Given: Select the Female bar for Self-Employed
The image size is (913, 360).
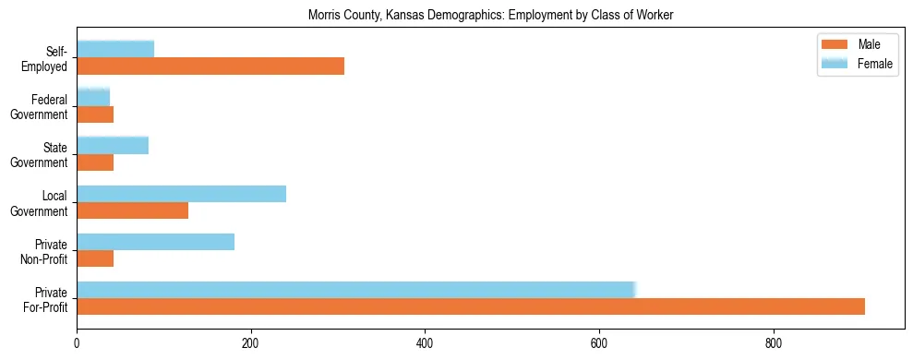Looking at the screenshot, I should (115, 49).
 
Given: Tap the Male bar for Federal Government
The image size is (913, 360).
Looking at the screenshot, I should (95, 114).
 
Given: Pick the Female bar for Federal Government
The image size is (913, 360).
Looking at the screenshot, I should (93, 97).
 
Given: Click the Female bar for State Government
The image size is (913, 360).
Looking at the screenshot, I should (113, 145).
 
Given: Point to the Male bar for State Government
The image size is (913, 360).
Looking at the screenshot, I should (95, 162).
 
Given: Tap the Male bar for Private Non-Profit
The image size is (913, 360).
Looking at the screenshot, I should (95, 258).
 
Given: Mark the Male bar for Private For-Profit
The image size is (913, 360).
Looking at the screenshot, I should (471, 306).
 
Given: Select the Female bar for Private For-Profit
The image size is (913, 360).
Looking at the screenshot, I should (356, 289).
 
